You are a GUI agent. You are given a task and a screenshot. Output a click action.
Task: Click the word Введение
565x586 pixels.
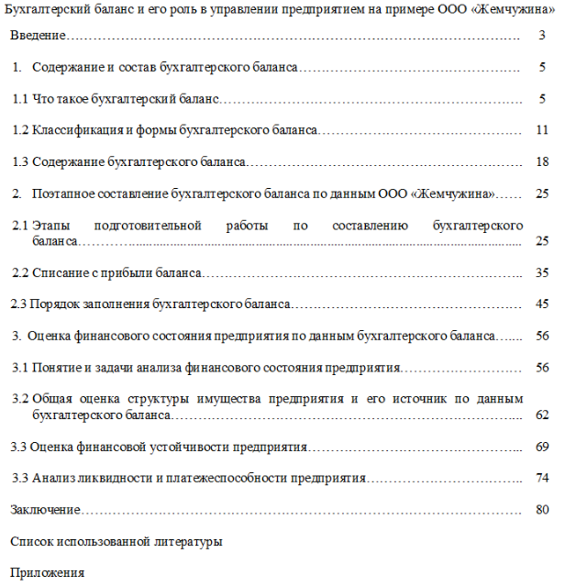(38, 37)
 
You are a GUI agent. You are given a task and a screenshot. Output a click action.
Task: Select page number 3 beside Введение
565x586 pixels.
(543, 37)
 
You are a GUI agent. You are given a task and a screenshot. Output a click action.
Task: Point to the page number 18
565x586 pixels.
(541, 162)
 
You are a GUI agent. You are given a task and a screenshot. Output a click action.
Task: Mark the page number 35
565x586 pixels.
(542, 273)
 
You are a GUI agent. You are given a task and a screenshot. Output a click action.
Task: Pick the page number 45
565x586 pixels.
(542, 304)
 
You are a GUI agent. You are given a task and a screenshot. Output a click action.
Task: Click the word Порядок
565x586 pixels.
(54, 304)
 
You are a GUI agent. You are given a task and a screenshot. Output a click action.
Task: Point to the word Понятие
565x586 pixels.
(57, 368)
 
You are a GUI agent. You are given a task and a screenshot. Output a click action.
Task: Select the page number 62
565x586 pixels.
(542, 415)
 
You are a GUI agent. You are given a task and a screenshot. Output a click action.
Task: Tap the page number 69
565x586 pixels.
(542, 448)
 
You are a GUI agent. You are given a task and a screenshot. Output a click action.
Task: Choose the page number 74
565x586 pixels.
(542, 479)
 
